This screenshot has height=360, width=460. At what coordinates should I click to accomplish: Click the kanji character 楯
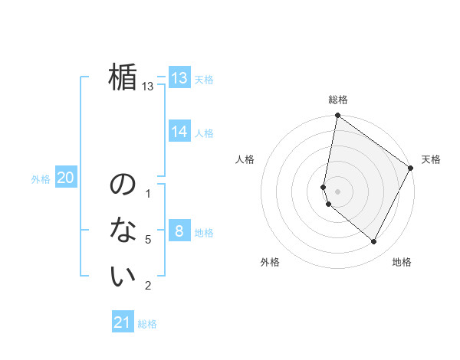(123, 77)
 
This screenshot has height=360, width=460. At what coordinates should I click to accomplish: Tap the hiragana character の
(123, 185)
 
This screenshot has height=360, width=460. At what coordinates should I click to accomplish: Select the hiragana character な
(123, 230)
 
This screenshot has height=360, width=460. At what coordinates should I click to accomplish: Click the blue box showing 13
(179, 77)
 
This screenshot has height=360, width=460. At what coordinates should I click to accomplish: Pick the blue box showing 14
(179, 132)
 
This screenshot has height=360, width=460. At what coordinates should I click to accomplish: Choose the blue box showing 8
(179, 231)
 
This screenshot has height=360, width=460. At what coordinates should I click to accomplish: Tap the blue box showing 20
(65, 178)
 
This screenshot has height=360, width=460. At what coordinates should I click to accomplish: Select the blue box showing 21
(123, 322)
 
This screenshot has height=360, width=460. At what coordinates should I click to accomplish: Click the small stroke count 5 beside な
(148, 240)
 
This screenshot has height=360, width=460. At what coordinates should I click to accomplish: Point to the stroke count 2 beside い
(148, 286)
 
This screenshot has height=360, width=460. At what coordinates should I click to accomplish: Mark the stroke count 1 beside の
(148, 194)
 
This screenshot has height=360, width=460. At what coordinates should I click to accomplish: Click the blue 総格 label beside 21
(147, 324)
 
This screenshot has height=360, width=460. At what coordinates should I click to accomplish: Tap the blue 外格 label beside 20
(41, 179)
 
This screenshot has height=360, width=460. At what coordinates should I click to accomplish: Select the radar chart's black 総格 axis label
(338, 100)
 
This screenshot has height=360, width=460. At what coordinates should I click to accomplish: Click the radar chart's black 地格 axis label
(402, 262)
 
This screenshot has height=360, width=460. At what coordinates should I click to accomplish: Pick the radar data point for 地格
(374, 241)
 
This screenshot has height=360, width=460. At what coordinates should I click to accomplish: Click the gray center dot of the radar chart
(338, 191)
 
